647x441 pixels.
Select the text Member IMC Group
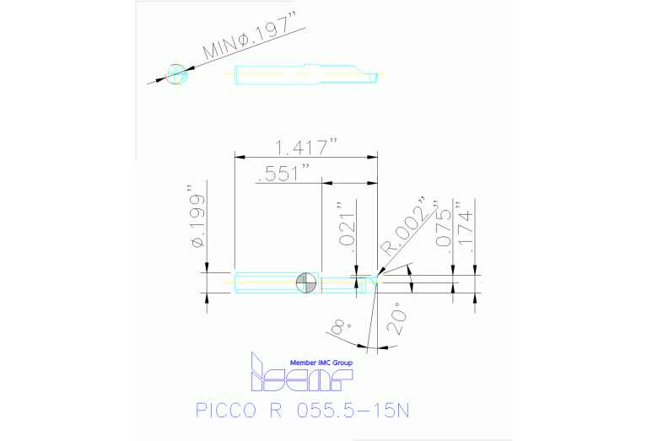coord(321,363)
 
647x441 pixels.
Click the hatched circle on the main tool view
coord(307,282)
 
